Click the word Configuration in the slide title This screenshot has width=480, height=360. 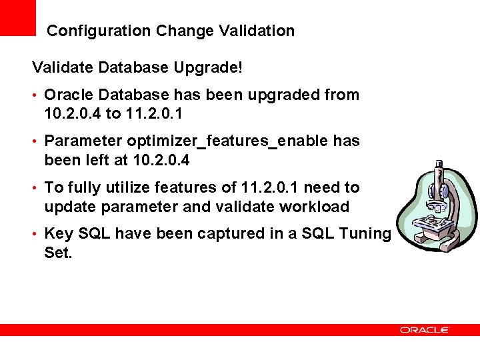[x=99, y=31]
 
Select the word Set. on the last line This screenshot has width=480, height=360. [x=58, y=253]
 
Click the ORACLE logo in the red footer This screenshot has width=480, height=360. [x=425, y=330]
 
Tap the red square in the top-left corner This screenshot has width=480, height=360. [x=17, y=17]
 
